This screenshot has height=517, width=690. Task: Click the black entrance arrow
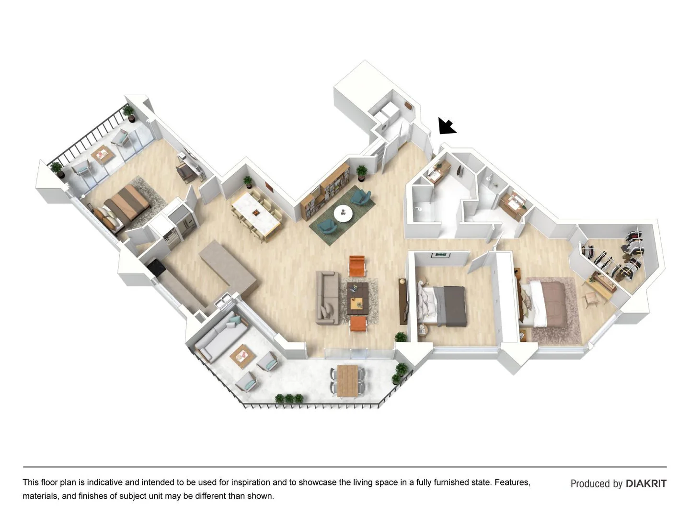tap(447, 126)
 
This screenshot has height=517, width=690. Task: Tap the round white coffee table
tap(343, 213)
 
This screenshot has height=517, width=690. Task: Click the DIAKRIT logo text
tap(646, 483)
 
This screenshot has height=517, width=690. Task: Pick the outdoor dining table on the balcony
tap(347, 381)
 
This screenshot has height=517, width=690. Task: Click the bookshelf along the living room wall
tap(326, 191)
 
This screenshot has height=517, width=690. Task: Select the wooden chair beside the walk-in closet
tap(591, 298)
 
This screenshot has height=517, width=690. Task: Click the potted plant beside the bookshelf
tap(361, 172)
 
